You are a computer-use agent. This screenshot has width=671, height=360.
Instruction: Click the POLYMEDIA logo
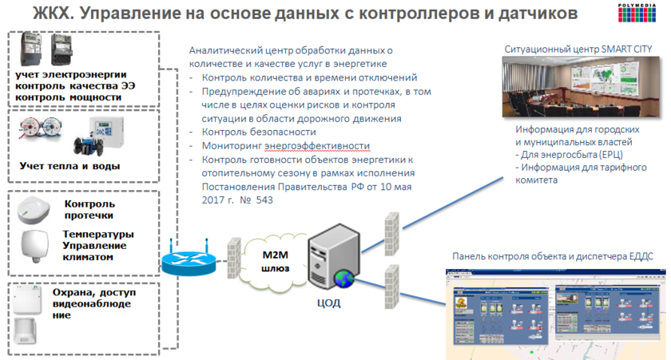644,11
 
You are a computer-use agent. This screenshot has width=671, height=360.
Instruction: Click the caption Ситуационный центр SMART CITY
578,49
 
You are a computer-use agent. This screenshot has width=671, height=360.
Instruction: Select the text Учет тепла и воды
69,166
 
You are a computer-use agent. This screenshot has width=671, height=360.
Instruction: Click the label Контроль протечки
89,209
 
